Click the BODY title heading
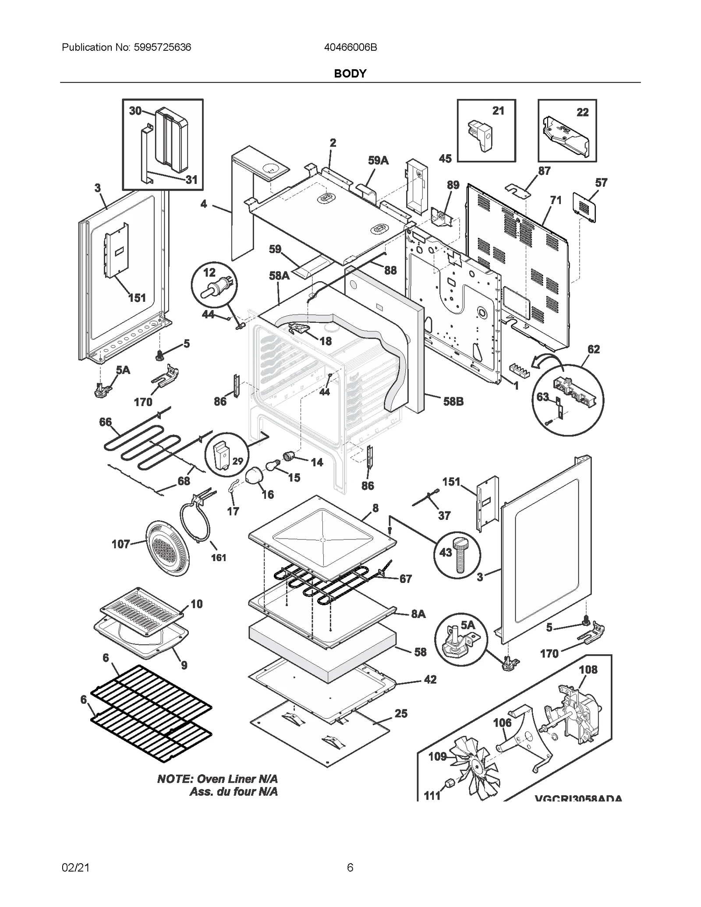(350, 74)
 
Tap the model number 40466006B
(350, 47)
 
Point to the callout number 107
(121, 544)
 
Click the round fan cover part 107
(167, 548)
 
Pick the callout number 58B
(453, 401)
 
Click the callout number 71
(556, 200)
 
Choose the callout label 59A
(378, 161)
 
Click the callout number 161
(219, 558)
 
